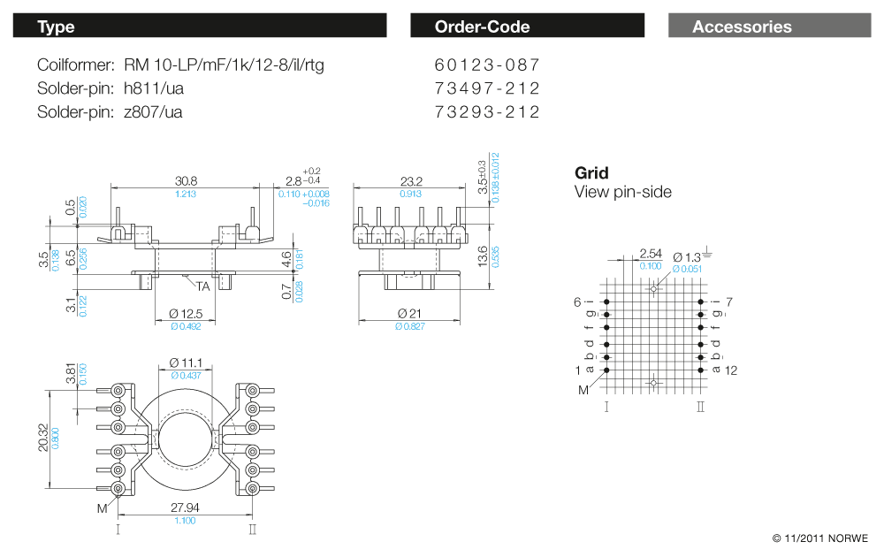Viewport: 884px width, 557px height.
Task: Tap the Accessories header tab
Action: tap(769, 27)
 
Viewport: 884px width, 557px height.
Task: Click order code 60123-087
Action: tap(487, 65)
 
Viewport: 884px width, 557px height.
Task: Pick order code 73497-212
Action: tap(487, 88)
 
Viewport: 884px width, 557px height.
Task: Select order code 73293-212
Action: tap(487, 112)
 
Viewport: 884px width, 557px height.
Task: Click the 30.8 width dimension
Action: tap(186, 180)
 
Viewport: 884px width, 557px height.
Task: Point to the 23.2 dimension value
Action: tap(411, 181)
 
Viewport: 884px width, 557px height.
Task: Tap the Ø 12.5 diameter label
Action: tap(186, 315)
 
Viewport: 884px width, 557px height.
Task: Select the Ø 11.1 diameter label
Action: tap(187, 362)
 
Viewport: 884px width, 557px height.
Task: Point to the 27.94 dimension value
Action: tap(185, 508)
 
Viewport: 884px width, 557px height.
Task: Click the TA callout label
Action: tap(202, 286)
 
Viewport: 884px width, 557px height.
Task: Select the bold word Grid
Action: tap(591, 173)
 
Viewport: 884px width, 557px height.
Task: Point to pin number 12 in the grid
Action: tap(731, 370)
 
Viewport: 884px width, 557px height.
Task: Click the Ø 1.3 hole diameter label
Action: tap(687, 256)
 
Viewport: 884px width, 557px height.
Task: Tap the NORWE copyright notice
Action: tap(819, 538)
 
